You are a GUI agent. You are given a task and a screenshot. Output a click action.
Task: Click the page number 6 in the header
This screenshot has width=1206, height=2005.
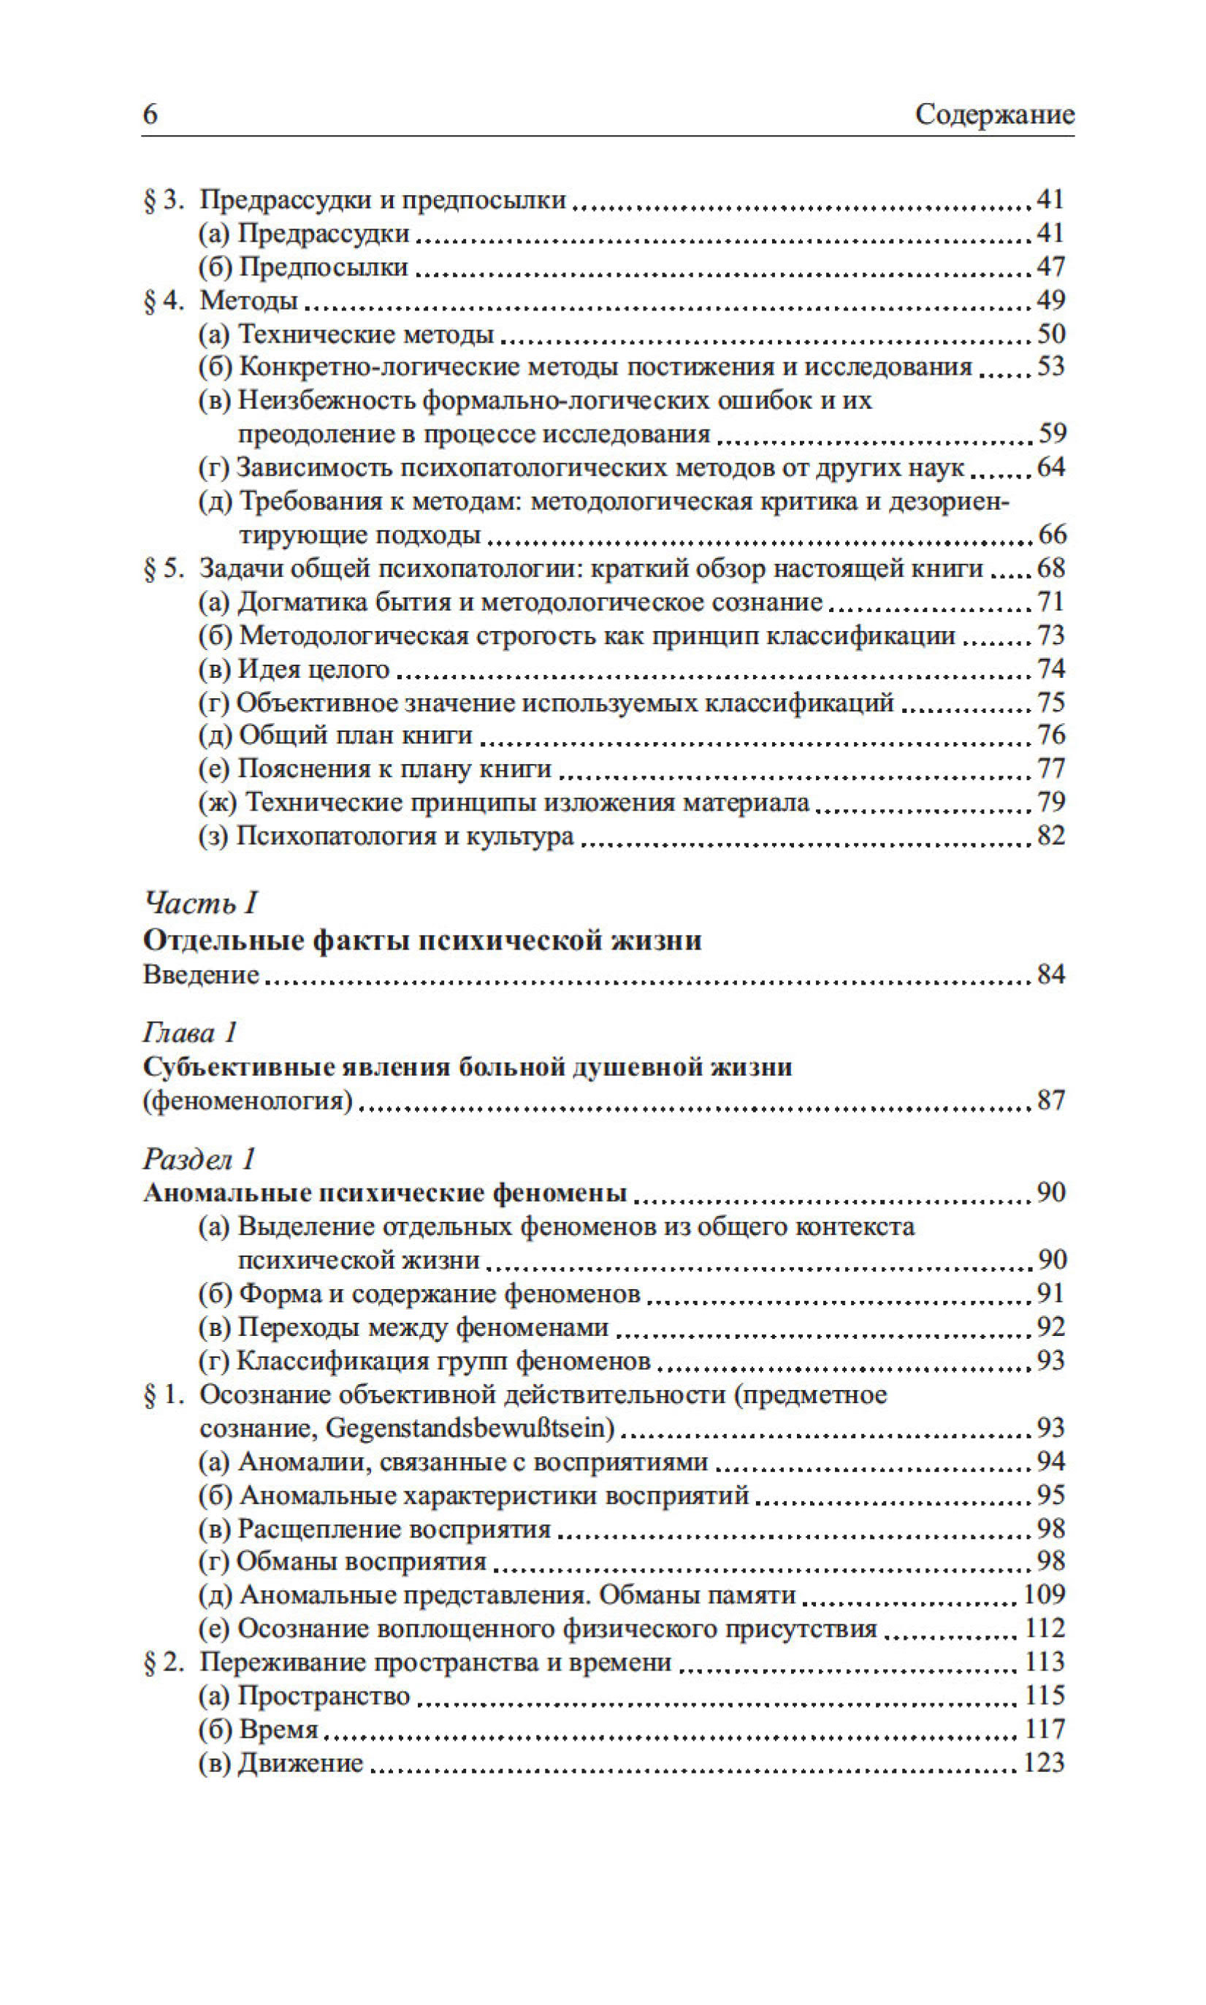click(x=150, y=114)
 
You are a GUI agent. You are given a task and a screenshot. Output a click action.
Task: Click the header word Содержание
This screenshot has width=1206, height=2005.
click(x=994, y=115)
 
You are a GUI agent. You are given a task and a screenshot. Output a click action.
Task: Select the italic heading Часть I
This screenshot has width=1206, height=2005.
click(x=201, y=903)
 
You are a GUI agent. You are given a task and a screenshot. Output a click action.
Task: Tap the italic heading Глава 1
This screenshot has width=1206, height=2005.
click(x=190, y=1033)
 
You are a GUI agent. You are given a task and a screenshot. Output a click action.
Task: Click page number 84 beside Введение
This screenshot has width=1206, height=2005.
click(x=1051, y=974)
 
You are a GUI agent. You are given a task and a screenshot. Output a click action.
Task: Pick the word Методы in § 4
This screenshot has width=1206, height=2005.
click(x=248, y=301)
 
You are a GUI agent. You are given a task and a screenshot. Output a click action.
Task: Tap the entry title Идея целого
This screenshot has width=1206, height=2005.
click(x=313, y=668)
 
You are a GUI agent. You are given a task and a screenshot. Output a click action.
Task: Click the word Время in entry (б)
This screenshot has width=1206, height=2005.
click(x=279, y=1730)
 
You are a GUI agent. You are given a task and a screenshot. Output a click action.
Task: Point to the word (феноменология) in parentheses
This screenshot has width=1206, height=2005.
click(x=248, y=1101)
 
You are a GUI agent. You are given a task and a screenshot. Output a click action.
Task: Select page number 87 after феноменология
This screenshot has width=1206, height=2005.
click(x=1051, y=1101)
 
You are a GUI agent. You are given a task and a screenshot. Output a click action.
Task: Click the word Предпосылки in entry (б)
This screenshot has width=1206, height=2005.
click(x=324, y=267)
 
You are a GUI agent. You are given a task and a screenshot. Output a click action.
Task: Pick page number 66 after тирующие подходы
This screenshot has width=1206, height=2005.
click(x=1052, y=535)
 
